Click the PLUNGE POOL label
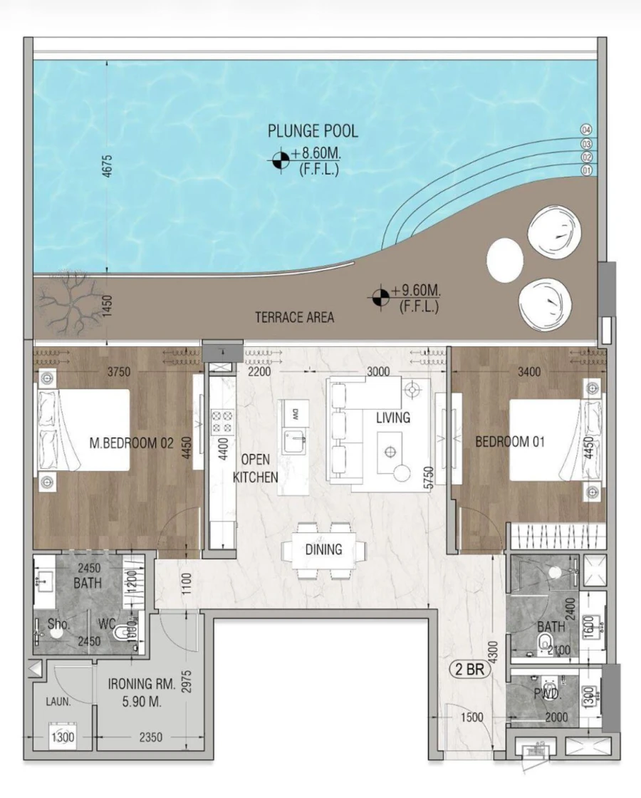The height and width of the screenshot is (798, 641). tap(313, 131)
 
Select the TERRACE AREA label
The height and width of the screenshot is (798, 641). tap(294, 318)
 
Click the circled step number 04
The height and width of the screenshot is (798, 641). tap(587, 130)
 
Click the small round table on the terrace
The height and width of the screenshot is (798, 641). tap(505, 261)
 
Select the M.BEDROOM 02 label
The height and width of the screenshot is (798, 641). tap(132, 442)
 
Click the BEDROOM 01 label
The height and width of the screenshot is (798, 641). tap(510, 442)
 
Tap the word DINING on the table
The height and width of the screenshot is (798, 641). tap(323, 549)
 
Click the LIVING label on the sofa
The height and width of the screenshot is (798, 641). tap(393, 418)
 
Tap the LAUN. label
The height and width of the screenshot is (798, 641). tap(59, 701)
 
